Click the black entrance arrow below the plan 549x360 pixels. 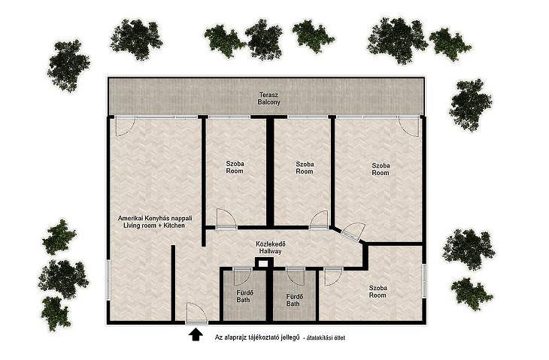tap(196, 334)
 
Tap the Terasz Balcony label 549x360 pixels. tap(269, 98)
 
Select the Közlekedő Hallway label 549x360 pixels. tap(270, 248)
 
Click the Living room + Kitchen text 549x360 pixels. tap(154, 225)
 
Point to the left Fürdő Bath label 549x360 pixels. tap(244, 296)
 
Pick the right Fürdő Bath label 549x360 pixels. tap(293, 300)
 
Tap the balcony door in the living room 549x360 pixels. tap(126, 126)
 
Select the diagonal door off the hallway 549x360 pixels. tap(353, 231)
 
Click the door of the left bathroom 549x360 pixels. tap(242, 277)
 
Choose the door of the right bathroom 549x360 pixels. tap(296, 277)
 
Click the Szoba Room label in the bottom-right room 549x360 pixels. tap(378, 292)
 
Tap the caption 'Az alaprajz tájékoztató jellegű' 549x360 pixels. tap(257, 337)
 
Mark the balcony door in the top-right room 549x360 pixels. tap(409, 126)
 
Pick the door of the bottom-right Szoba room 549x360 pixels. tap(333, 277)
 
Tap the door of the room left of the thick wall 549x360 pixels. tap(226, 219)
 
